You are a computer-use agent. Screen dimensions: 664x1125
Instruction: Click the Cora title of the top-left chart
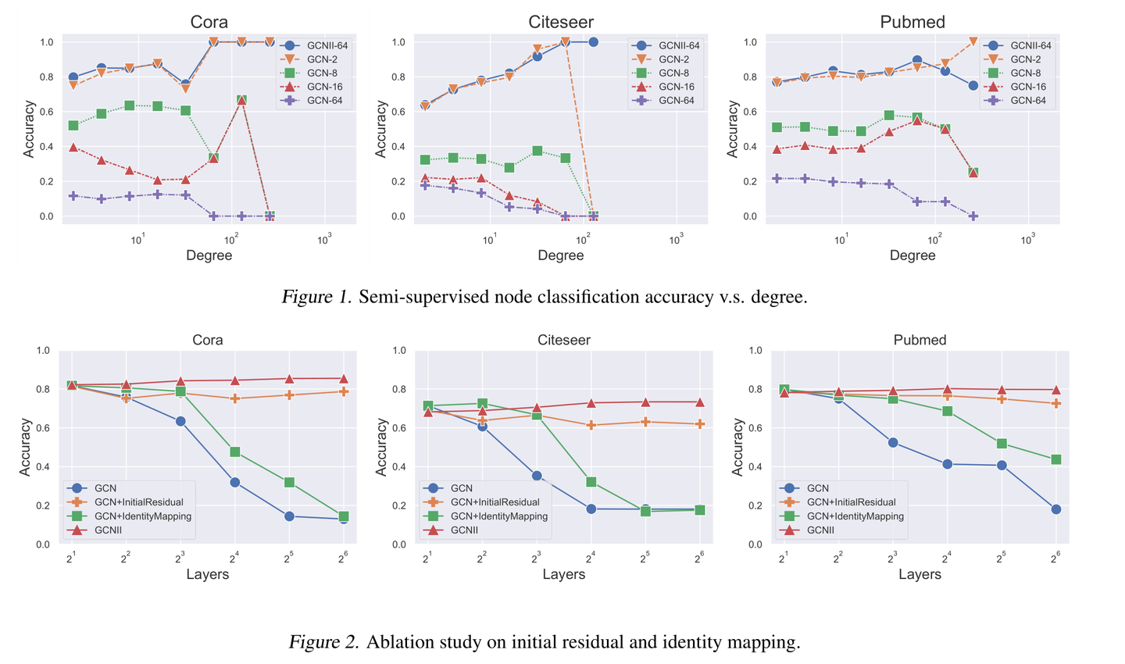[x=209, y=22]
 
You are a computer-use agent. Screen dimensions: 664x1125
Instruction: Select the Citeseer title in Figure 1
[x=560, y=22]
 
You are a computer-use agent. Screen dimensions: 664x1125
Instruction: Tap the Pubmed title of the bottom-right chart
[x=920, y=340]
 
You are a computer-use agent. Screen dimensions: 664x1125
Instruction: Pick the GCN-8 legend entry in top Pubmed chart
[x=1026, y=73]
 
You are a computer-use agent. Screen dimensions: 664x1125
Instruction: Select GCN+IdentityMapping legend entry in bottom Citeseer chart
[x=499, y=516]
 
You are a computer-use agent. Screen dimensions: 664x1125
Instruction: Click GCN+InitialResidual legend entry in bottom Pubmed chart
[x=851, y=502]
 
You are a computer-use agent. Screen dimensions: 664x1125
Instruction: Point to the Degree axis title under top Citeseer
[x=560, y=255]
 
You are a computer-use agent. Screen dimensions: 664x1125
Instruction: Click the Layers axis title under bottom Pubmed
[x=920, y=575]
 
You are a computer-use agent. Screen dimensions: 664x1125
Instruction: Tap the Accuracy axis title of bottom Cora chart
[x=26, y=447]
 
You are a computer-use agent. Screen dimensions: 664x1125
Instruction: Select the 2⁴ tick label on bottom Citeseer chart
[x=591, y=558]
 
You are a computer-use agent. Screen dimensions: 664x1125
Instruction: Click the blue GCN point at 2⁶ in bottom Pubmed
[x=1055, y=509]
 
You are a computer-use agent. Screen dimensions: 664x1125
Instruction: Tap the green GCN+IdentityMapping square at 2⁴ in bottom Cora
[x=235, y=452]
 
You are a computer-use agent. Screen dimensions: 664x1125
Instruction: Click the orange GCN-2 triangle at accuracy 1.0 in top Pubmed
[x=973, y=41]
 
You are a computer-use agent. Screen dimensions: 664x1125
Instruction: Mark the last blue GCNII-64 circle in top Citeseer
[x=593, y=42]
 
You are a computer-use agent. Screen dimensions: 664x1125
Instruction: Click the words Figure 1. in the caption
[x=317, y=297]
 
